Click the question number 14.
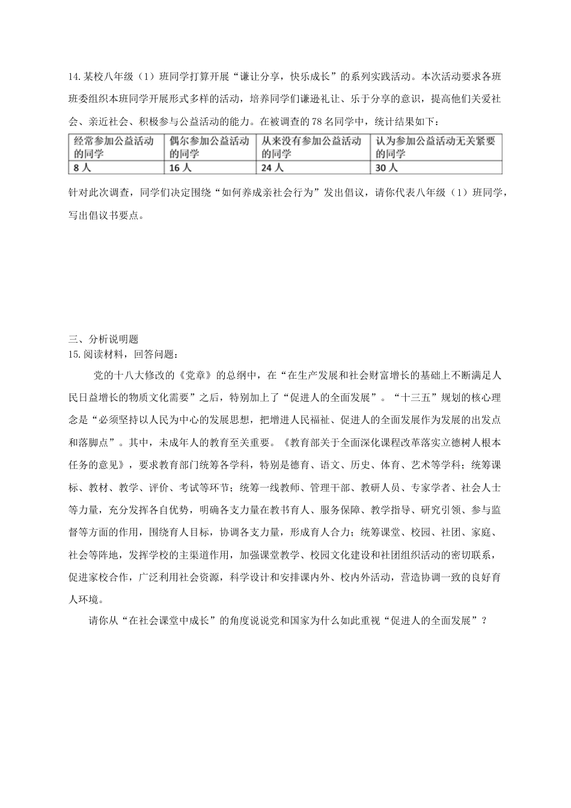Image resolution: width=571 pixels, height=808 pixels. [74, 76]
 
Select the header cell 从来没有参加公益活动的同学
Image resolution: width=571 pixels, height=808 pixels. [313, 147]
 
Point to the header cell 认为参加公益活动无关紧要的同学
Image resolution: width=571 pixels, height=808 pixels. [436, 147]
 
